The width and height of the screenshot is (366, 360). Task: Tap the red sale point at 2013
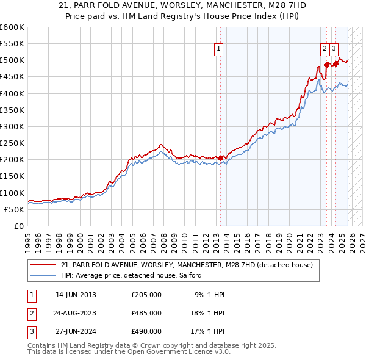pyautogui.click(x=220, y=158)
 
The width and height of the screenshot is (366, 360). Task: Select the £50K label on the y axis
pyautogui.click(x=14, y=209)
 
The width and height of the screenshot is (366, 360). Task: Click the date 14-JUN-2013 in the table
pyautogui.click(x=76, y=295)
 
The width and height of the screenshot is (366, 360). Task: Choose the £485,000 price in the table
pyautogui.click(x=146, y=313)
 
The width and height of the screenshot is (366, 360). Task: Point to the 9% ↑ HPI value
pyautogui.click(x=209, y=295)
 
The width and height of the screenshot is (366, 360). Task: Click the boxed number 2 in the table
pyautogui.click(x=31, y=313)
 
